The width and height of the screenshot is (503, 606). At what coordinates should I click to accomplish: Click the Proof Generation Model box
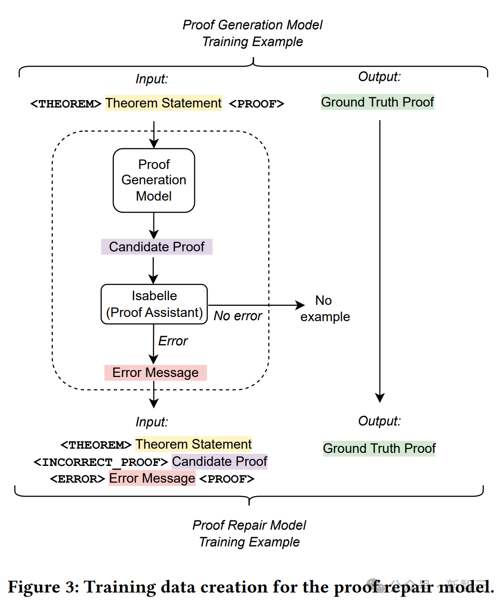pos(154,180)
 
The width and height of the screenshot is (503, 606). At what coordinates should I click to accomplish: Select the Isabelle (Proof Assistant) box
pos(154,304)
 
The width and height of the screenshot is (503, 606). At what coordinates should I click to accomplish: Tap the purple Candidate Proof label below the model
pos(157,247)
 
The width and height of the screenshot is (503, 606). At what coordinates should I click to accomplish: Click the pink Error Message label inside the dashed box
pos(155,373)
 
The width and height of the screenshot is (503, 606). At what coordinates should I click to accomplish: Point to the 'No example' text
pos(324,309)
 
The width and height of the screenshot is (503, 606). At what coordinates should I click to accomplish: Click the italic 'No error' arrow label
pos(238,316)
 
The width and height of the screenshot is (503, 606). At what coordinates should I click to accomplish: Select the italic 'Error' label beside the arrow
pos(172,341)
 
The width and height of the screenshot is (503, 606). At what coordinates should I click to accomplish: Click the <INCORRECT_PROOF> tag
pos(100,462)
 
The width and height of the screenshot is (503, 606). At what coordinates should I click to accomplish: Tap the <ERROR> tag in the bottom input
pos(77,479)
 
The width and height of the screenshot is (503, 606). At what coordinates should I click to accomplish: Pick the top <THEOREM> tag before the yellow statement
pos(65,104)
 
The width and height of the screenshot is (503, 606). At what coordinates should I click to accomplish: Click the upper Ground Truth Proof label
pos(378,102)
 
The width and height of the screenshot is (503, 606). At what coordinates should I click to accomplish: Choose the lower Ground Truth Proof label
pos(379,449)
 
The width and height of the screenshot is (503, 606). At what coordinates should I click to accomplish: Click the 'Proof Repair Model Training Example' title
pos(249,533)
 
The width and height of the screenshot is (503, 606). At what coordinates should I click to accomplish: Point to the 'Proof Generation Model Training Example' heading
pos(252,33)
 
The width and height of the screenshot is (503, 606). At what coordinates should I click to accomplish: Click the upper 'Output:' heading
pos(379,77)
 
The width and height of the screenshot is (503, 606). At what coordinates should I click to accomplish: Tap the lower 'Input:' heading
pos(152,422)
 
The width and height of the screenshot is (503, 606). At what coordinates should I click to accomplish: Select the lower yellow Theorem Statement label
pos(193,444)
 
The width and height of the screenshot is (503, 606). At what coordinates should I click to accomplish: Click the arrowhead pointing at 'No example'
pos(300,305)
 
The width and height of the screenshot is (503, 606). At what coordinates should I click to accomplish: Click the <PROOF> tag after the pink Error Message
pos(227,479)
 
